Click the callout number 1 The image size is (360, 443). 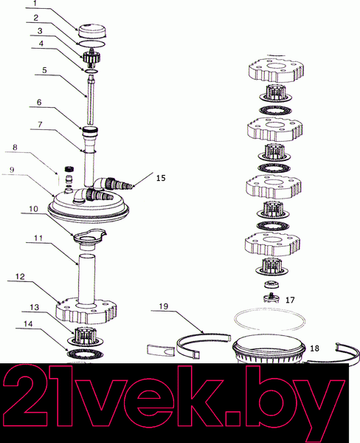click(35, 4)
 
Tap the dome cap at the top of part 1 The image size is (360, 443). click(92, 30)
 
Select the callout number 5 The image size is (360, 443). click(44, 70)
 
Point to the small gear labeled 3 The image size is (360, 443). click(91, 58)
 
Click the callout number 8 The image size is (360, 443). click(15, 147)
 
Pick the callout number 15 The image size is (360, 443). click(161, 178)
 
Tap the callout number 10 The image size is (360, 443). click(33, 209)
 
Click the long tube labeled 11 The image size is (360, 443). click(87, 279)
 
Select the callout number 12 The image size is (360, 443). click(20, 277)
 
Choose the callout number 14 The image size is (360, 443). click(28, 324)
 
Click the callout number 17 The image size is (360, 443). click(290, 300)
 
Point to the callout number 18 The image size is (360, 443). click(314, 348)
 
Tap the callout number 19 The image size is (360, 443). click(164, 306)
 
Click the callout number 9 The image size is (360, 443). click(12, 170)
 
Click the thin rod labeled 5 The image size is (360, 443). click(90, 103)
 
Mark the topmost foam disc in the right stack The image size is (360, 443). click(277, 69)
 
